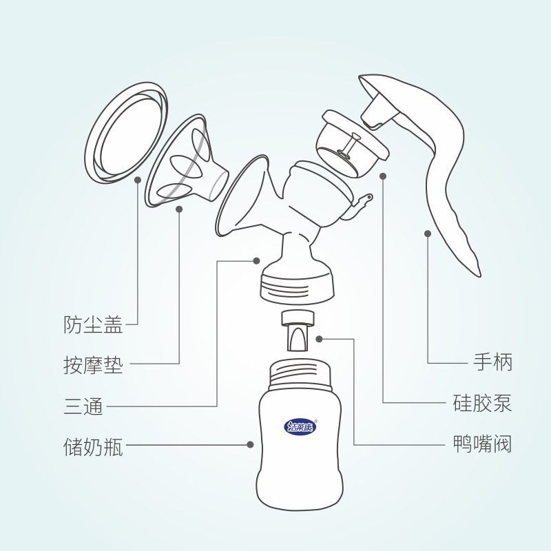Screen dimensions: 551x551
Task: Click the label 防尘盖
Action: tap(93, 324)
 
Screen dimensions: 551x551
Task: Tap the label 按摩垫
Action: tap(93, 365)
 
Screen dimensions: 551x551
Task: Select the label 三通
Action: tap(83, 406)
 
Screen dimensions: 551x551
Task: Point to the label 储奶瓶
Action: tap(93, 446)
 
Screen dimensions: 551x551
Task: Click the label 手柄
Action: tap(492, 362)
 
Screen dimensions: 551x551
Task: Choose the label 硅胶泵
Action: tap(482, 403)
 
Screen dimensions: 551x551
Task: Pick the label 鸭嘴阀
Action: tap(482, 444)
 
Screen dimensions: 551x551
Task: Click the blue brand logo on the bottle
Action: tap(300, 427)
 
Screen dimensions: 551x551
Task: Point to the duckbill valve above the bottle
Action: tap(298, 330)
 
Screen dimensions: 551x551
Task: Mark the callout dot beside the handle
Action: tap(428, 233)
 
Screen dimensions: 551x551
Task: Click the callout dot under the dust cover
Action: tap(138, 180)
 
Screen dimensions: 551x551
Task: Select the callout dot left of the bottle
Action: tap(250, 444)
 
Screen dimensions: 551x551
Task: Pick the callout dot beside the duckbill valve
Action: tap(319, 339)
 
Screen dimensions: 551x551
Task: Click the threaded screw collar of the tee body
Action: tap(298, 287)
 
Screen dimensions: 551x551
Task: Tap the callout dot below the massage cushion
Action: tap(179, 209)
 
